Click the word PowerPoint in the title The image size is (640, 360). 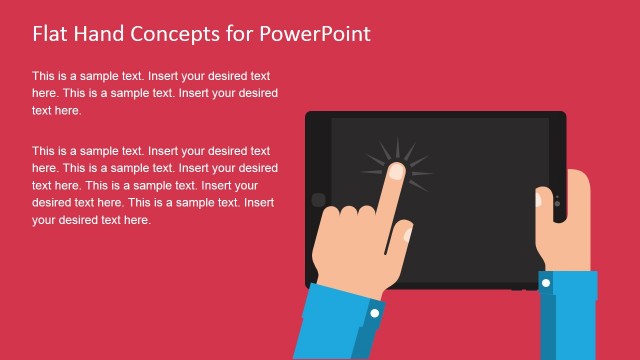pos(315,33)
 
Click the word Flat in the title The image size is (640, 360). pos(51,33)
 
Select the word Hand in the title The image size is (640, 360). pos(101,33)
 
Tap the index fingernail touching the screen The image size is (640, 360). pos(396,172)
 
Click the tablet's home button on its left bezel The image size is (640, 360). pos(318,200)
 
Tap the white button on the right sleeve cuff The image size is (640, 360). pos(546,283)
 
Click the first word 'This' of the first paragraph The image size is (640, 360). pos(44,76)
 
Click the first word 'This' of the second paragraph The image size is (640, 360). pos(44,151)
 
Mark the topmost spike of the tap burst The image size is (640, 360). pos(397,144)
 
